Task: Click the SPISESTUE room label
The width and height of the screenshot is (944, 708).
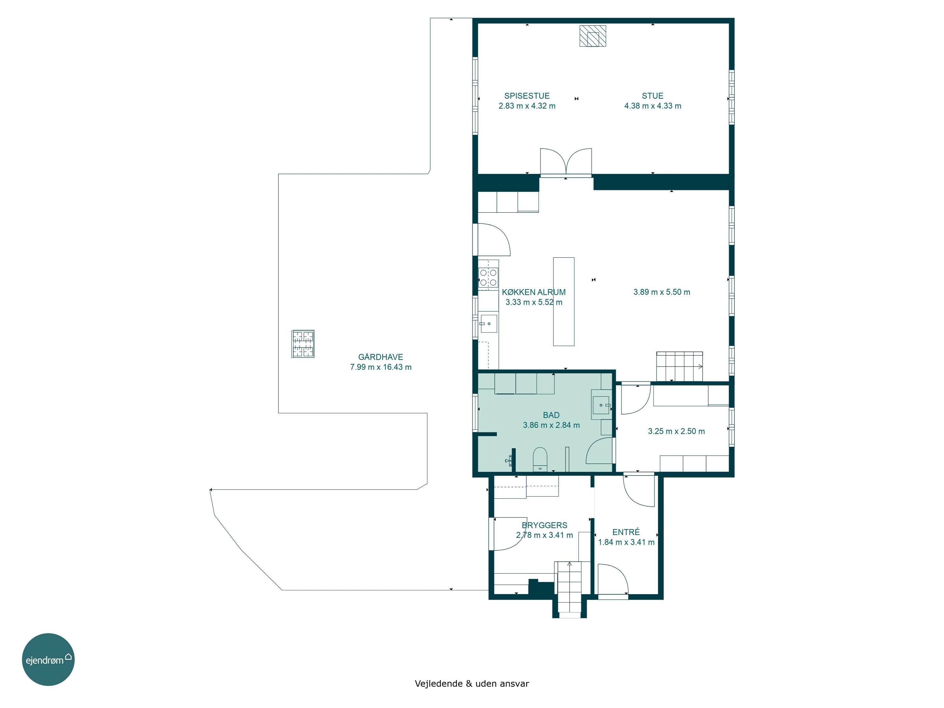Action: pos(527,96)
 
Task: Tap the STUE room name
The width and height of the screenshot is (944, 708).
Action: pos(653,96)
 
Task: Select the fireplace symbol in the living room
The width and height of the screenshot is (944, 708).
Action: pos(593,36)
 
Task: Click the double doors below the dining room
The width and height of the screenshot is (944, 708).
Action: pos(566,162)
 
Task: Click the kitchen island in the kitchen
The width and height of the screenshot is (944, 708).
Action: pos(564,301)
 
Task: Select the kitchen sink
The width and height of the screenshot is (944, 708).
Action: pos(488,323)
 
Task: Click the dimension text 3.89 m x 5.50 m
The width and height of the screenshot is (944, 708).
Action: pos(661,292)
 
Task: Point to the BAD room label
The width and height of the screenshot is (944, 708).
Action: pos(551,415)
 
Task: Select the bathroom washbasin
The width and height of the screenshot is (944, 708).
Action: pos(601,405)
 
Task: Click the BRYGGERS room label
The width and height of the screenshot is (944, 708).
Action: pos(545,525)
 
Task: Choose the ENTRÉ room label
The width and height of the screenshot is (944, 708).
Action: pos(626,532)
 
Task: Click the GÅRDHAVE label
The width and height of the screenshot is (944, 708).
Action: pos(380,357)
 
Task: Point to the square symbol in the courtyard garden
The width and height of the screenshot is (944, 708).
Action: pos(303,344)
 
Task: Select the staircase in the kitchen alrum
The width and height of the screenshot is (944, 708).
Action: pos(679,366)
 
